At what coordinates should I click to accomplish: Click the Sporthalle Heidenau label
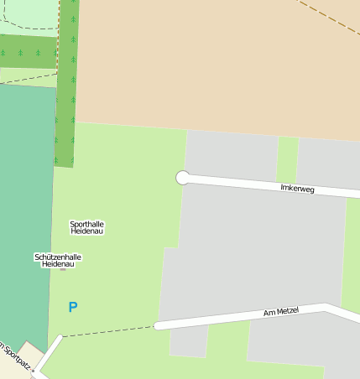(87, 227)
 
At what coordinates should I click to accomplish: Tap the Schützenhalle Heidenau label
(59, 260)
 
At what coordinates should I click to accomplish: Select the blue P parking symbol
(73, 308)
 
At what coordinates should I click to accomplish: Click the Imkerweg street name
(297, 189)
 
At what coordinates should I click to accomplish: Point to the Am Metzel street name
(281, 312)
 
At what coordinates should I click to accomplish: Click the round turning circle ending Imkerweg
(182, 177)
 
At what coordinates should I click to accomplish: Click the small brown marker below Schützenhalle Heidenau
(63, 269)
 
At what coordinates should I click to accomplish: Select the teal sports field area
(25, 210)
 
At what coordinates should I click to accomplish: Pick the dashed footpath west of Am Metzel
(109, 331)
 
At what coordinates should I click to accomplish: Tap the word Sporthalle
(87, 224)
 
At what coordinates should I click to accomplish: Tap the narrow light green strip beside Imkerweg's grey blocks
(288, 158)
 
